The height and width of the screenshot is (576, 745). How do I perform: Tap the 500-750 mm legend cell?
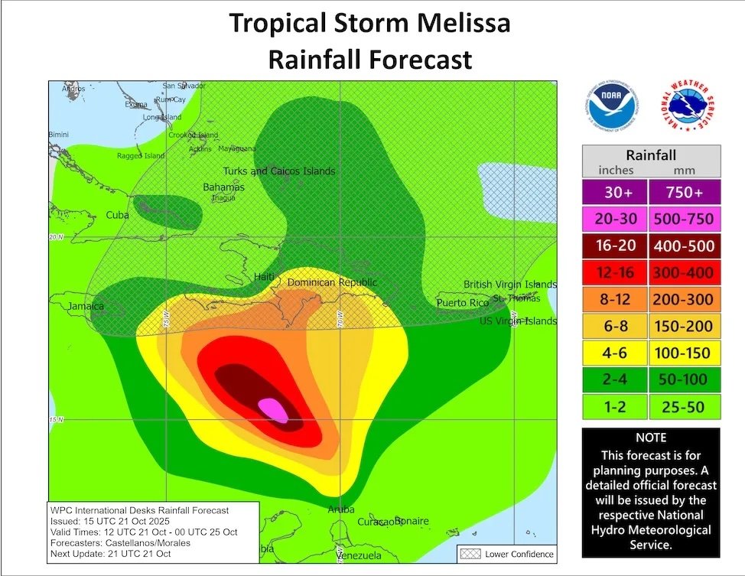pyautogui.click(x=684, y=220)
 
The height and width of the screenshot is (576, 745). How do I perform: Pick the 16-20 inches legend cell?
pyautogui.click(x=614, y=246)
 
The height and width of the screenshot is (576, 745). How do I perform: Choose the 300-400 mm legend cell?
pyautogui.click(x=684, y=273)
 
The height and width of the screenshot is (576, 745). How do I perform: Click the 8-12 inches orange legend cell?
pyautogui.click(x=614, y=300)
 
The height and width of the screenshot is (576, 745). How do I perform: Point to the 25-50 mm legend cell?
pyautogui.click(x=684, y=407)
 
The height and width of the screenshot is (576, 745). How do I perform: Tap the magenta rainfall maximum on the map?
pyautogui.click(x=273, y=410)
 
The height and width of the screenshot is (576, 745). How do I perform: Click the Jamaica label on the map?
pyautogui.click(x=85, y=307)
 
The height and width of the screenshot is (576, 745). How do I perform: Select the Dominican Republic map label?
pyautogui.click(x=332, y=283)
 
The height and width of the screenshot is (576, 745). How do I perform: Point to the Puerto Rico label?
pyautogui.click(x=462, y=303)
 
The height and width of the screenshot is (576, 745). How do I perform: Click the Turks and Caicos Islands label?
pyautogui.click(x=278, y=171)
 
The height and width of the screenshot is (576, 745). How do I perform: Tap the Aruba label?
pyautogui.click(x=341, y=509)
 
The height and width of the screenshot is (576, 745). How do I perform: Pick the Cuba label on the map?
pyautogui.click(x=117, y=215)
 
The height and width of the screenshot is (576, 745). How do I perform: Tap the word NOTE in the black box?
pyautogui.click(x=651, y=438)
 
